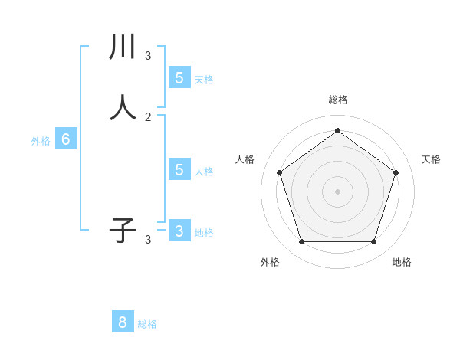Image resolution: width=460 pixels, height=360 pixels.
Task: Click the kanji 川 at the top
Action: (123, 47)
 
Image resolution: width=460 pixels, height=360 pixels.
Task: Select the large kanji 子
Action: (123, 231)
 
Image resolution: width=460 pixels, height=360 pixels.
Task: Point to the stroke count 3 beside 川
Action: (148, 55)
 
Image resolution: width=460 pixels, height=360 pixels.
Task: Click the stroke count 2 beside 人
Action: (148, 116)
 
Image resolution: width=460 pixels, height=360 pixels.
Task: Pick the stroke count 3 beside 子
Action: (148, 239)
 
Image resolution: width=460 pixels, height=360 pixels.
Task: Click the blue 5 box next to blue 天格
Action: (179, 77)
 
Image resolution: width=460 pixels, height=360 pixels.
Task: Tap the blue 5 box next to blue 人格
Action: (179, 169)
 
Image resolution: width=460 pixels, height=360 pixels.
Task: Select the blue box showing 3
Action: (179, 231)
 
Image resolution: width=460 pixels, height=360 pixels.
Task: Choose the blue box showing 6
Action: (66, 139)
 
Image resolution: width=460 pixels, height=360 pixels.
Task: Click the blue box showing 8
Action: (123, 322)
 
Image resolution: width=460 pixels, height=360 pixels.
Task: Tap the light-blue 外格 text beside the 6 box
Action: (41, 141)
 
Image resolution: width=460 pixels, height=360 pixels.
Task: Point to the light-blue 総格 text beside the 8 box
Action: (147, 324)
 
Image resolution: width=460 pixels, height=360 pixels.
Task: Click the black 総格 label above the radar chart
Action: (337, 100)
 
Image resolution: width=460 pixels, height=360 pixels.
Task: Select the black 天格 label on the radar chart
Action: (431, 159)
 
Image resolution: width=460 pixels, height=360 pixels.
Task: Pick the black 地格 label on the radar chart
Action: (402, 262)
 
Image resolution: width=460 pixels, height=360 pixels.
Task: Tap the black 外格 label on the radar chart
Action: (270, 262)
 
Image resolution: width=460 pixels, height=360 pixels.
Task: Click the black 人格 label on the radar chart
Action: (245, 159)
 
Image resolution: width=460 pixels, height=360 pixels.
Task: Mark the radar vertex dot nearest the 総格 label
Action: (337, 130)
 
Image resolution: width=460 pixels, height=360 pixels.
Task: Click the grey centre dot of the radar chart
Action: (337, 191)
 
